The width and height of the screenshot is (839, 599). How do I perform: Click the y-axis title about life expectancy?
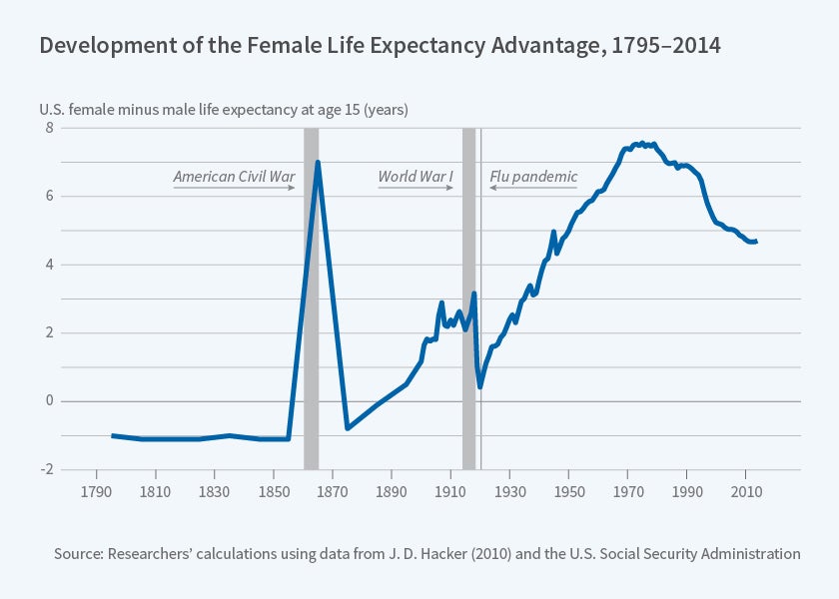click(224, 109)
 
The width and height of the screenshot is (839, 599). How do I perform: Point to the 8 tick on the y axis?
click(47, 128)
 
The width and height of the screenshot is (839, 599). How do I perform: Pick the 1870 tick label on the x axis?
click(333, 492)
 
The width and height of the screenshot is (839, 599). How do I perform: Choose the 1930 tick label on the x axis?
click(510, 492)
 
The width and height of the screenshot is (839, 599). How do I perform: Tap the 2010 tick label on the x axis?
click(746, 492)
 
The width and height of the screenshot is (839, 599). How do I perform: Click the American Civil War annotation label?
click(234, 177)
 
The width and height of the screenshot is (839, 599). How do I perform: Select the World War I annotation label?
click(416, 177)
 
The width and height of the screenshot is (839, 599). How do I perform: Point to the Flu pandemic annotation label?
click(533, 177)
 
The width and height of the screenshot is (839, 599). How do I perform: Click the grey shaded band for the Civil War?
click(311, 299)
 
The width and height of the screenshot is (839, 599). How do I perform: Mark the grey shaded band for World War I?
click(468, 299)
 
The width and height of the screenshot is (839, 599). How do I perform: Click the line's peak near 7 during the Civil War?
click(318, 162)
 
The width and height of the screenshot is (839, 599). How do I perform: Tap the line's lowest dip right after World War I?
click(480, 386)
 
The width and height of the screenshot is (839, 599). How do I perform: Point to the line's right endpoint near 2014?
click(756, 242)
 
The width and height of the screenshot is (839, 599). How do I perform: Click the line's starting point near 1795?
click(112, 435)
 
